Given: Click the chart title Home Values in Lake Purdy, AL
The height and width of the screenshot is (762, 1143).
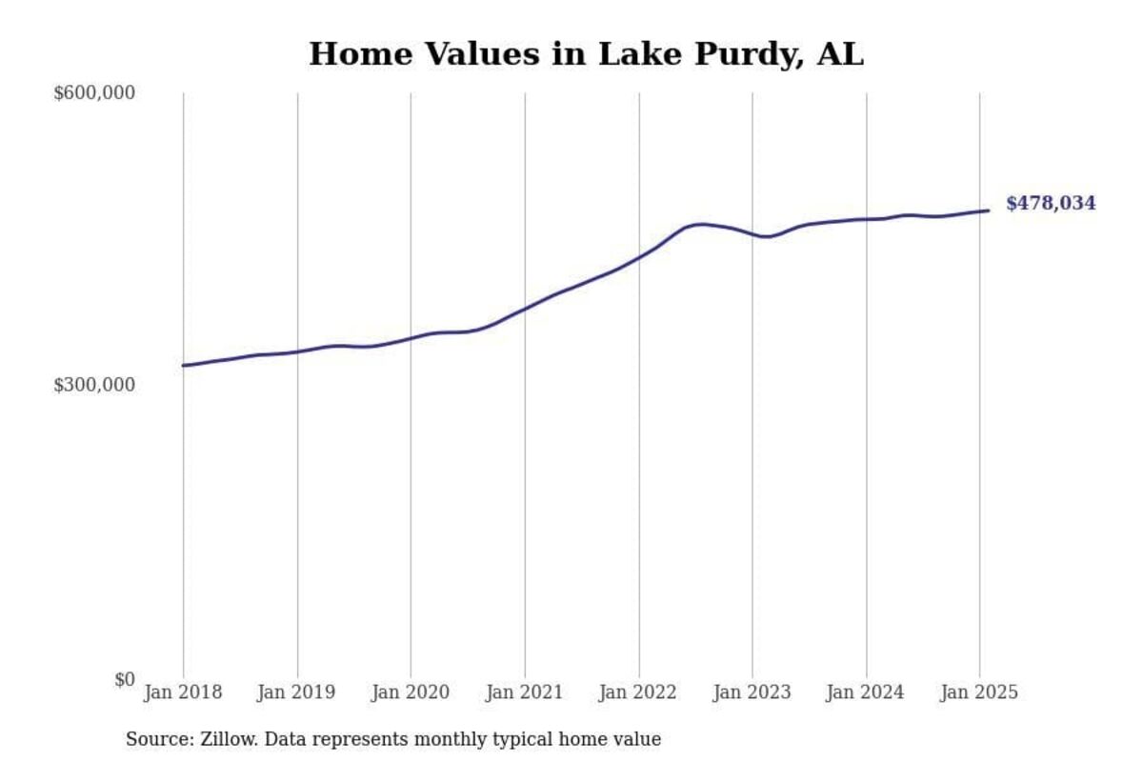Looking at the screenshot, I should [586, 53].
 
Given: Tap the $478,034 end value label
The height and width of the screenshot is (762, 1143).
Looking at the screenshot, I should [1051, 203].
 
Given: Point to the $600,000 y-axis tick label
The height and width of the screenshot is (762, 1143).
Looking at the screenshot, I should [94, 93].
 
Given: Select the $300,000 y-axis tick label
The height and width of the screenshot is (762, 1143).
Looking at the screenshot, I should [94, 385].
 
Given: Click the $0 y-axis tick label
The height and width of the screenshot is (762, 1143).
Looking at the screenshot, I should [124, 679].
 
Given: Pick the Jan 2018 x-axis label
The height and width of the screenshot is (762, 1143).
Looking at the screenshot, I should [183, 692].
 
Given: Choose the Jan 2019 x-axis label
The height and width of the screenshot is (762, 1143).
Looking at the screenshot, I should [296, 692].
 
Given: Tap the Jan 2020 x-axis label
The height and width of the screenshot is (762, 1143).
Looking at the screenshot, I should [411, 692].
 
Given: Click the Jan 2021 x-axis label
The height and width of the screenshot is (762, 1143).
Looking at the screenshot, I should [524, 692].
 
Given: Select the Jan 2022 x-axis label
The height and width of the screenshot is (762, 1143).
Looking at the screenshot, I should [638, 692].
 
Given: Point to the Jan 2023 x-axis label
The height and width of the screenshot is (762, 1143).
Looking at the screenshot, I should [752, 692].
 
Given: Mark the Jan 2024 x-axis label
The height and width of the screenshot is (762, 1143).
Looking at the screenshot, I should [866, 692].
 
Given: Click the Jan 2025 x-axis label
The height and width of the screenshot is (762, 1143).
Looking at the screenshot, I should [979, 692].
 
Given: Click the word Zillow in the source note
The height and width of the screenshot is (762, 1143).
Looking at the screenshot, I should [226, 739].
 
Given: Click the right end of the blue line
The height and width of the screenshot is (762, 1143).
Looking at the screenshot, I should [988, 211].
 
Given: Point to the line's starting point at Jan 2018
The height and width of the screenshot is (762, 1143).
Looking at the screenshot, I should [183, 365].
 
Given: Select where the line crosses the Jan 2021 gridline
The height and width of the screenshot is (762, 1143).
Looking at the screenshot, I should [525, 309].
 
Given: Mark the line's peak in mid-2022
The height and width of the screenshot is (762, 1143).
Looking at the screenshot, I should [702, 224].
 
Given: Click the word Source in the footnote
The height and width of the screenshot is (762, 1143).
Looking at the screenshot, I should [157, 739].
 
